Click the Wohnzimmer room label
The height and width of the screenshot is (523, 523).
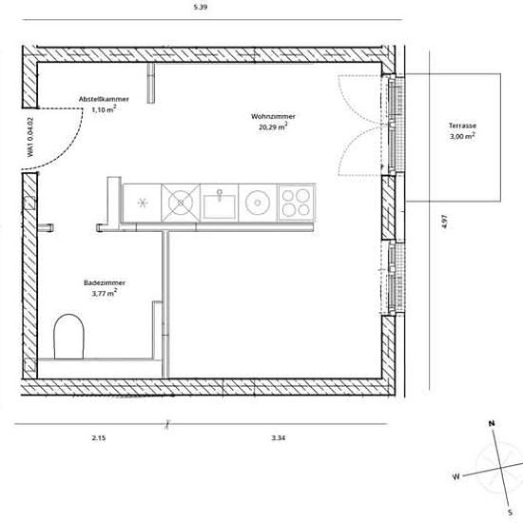(273, 116)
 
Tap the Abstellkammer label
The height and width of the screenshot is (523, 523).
(104, 99)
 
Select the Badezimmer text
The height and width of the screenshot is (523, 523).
(105, 282)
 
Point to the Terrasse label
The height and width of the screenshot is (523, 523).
(462, 126)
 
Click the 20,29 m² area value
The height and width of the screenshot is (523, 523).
(273, 126)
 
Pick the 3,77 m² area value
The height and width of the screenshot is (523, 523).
(105, 293)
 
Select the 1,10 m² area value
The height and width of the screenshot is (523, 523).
(104, 109)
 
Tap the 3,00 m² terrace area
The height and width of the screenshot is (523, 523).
(462, 136)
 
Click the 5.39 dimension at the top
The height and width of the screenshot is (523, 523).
(201, 7)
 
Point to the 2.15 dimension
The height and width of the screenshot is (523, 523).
(99, 438)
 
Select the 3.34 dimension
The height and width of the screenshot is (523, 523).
(279, 438)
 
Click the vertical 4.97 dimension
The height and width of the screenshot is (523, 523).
(444, 222)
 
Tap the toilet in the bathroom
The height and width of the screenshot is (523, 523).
(68, 337)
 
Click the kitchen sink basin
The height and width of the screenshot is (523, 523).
(220, 205)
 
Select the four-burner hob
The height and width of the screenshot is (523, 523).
(297, 203)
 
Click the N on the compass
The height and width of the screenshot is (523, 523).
(492, 423)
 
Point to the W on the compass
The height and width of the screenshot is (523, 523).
(455, 476)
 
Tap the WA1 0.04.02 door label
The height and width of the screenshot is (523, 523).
(30, 137)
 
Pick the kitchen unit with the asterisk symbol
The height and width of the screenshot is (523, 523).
(142, 203)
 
